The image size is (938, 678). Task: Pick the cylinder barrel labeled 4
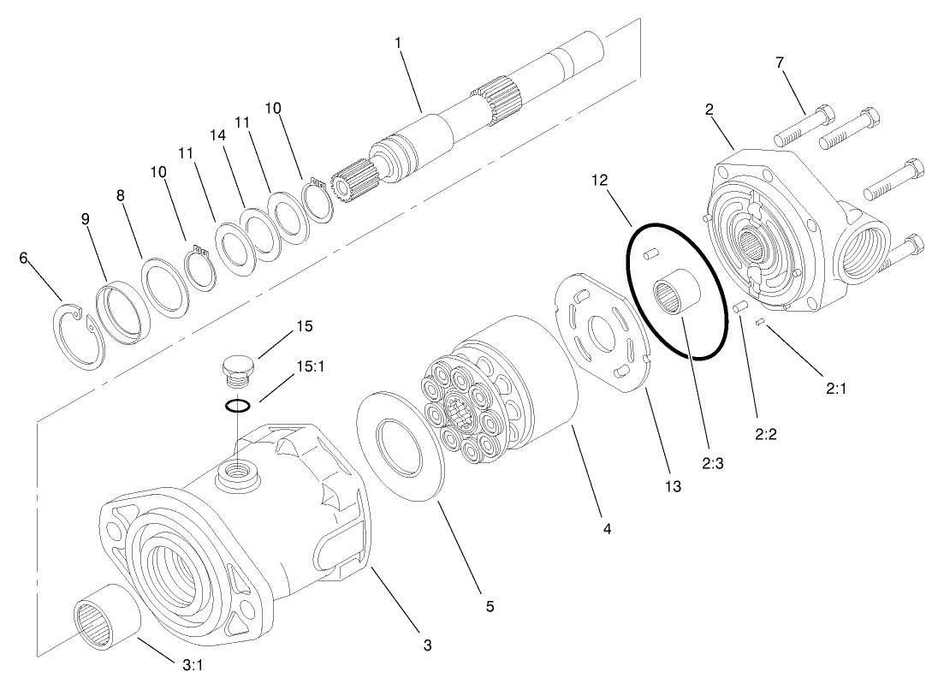[x=514, y=377]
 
